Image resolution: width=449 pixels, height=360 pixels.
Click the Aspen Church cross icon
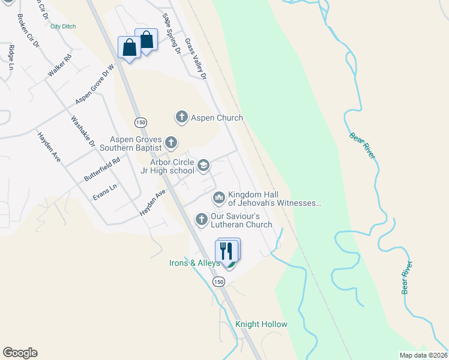[182, 116]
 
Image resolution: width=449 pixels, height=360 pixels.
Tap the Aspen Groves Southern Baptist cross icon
[171, 143]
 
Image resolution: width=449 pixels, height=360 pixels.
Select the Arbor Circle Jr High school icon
[203, 165]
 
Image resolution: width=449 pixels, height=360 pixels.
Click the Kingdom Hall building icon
[218, 197]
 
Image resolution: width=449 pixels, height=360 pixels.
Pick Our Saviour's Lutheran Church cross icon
[202, 219]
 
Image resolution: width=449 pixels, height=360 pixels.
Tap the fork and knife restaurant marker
[227, 250]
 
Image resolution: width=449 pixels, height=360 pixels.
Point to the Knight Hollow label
[261, 325]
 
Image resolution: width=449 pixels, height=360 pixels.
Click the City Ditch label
[63, 26]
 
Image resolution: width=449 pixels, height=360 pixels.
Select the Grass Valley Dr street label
[196, 59]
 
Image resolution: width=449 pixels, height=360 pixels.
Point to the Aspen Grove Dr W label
[94, 85]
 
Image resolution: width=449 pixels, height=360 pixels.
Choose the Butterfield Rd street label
[102, 170]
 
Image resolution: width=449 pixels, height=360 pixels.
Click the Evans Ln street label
[104, 192]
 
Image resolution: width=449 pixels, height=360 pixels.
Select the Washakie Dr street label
[83, 131]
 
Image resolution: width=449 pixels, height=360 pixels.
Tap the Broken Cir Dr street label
[28, 31]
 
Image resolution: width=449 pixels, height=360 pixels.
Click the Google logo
[20, 353]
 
